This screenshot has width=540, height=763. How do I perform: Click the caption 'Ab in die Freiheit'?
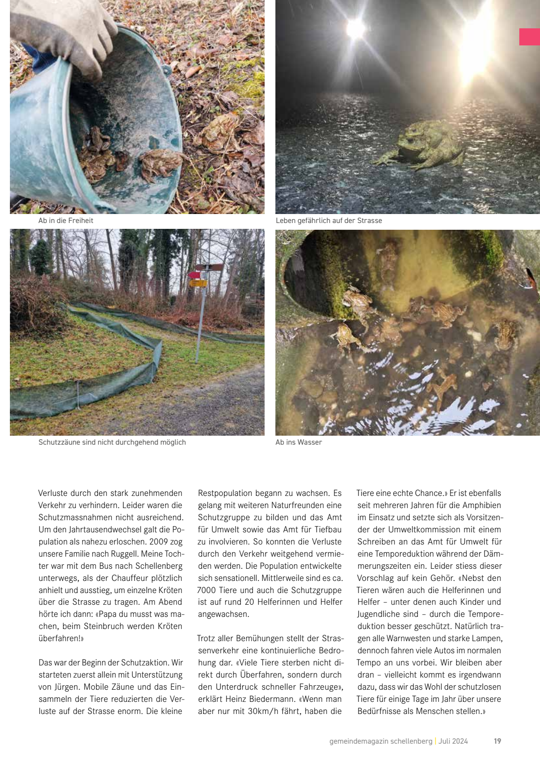(x=66, y=221)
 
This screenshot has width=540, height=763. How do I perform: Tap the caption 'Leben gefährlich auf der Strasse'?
(x=328, y=221)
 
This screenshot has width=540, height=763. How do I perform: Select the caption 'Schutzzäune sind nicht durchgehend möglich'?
(x=112, y=442)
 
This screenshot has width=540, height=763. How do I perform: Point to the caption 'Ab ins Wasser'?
(x=298, y=442)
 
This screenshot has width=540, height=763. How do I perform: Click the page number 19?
(x=497, y=741)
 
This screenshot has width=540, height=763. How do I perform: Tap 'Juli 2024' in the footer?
(x=453, y=741)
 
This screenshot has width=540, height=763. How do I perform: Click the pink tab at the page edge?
(x=530, y=37)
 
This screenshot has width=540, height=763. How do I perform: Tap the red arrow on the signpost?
(x=194, y=275)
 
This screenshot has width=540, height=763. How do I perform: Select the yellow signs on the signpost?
(x=198, y=283)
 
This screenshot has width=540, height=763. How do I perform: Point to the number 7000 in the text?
(x=207, y=590)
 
